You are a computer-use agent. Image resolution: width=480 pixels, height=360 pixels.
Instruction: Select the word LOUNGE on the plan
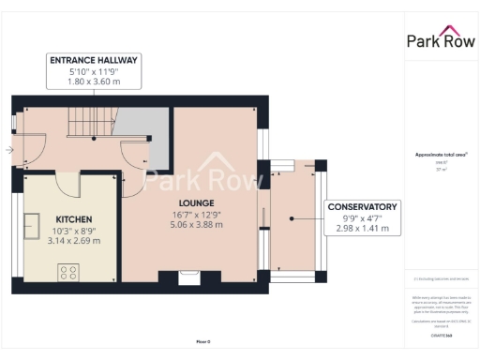[x=197, y=202]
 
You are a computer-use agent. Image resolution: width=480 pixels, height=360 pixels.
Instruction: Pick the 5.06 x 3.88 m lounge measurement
[x=197, y=225]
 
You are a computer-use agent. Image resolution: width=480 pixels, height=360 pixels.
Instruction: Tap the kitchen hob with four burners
[x=68, y=272]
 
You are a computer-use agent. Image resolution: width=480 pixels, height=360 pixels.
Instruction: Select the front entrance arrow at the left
[x=9, y=149]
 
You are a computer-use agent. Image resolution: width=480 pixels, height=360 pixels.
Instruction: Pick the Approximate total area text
[x=440, y=155]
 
